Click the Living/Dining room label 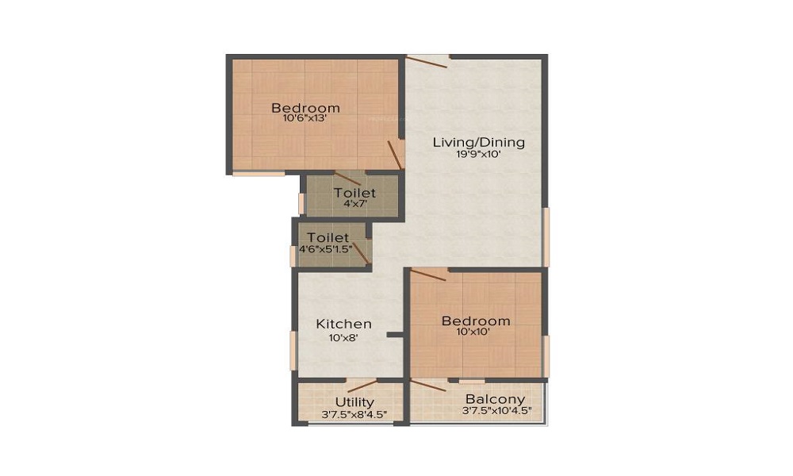478,143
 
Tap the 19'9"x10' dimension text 478,155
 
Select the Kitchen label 344,324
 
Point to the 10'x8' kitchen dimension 344,337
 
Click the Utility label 354,402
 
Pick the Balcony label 495,399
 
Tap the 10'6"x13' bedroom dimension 305,119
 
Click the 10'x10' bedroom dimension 475,332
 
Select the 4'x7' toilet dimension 354,204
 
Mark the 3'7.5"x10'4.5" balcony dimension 496,411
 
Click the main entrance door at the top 427,61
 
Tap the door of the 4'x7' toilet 347,178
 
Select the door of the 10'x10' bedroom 429,275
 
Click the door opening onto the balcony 428,386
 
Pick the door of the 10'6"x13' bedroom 395,154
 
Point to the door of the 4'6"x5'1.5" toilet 361,252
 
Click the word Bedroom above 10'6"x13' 305,108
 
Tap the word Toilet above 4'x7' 354,193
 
